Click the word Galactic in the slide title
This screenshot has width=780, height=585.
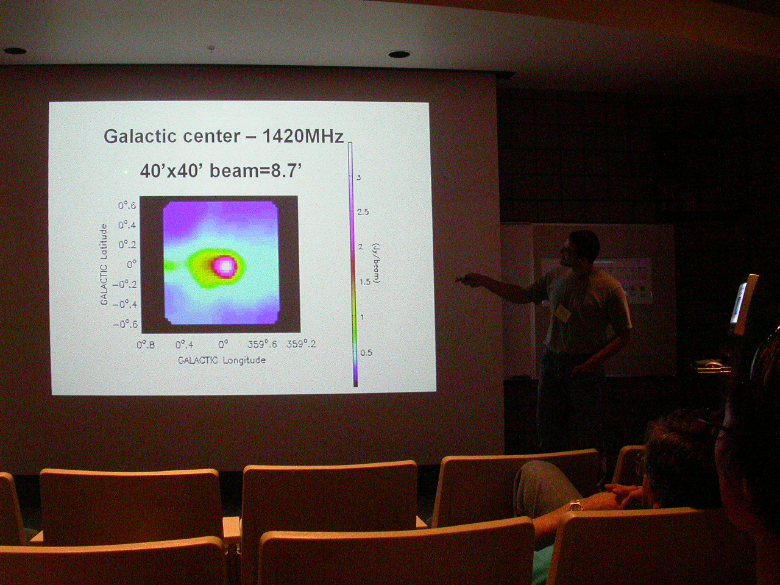click(141, 136)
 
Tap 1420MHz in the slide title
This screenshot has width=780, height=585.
click(303, 136)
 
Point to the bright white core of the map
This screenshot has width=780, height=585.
click(225, 266)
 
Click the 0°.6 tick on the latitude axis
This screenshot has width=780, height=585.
click(127, 205)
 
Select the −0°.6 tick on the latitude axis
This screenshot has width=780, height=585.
click(125, 325)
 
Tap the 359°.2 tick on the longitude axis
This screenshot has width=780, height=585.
click(302, 344)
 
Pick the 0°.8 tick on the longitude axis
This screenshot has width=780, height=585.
click(146, 344)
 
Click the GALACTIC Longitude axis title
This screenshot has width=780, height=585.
click(222, 360)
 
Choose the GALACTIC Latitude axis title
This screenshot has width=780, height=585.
click(104, 264)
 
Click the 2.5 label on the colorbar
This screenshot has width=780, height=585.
click(363, 212)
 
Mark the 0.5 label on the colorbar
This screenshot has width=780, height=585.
click(366, 353)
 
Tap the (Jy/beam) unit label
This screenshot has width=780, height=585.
click(377, 263)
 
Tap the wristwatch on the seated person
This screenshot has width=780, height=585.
click(575, 505)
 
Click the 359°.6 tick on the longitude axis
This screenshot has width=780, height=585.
click(262, 344)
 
